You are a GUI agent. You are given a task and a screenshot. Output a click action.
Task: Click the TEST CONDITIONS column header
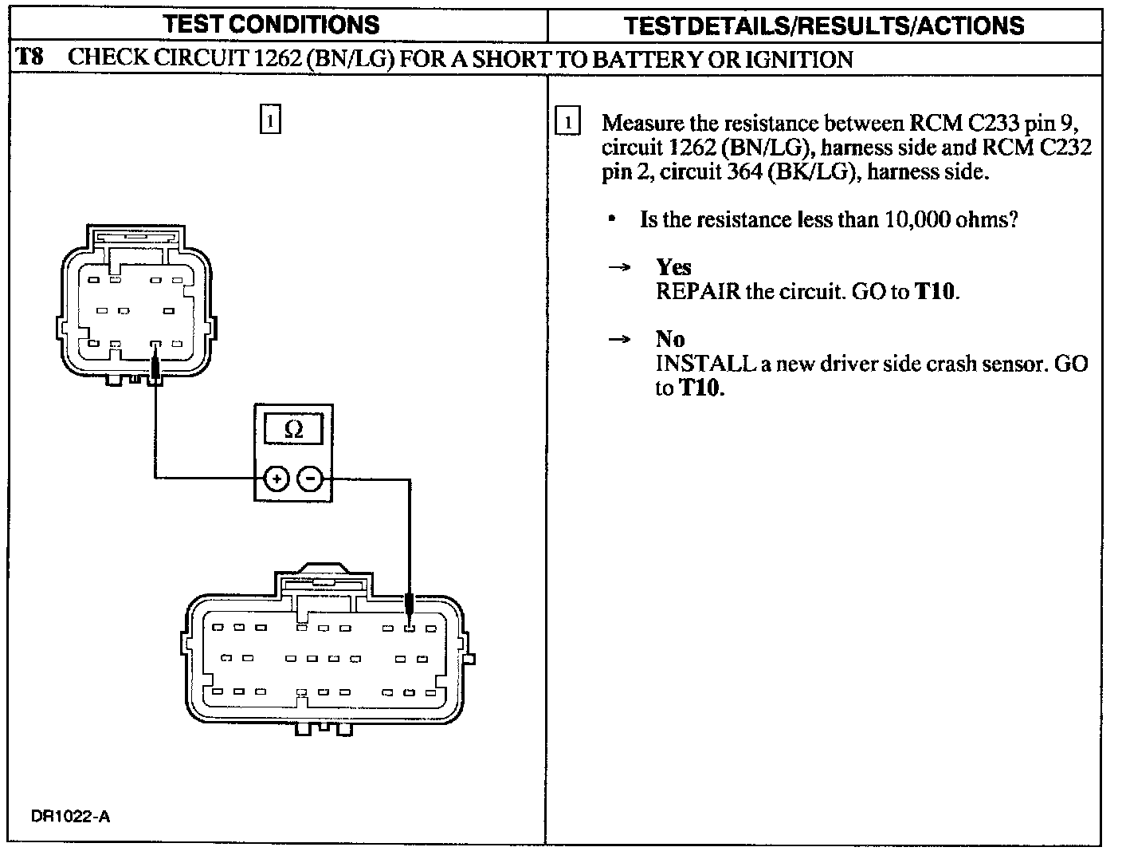pos(271,25)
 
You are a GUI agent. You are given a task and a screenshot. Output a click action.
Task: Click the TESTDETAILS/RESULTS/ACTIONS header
pos(823,26)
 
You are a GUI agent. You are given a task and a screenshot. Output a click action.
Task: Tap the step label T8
pos(29,58)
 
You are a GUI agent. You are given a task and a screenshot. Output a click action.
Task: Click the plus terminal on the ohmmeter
pos(276,479)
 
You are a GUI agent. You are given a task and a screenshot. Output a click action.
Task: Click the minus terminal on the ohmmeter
pos(311,479)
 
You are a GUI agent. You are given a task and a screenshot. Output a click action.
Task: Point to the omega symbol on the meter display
pos(293,430)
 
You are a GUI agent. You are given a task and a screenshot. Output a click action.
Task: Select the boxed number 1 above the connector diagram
pos(271,120)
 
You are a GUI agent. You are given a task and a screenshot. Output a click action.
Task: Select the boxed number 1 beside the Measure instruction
pos(567,123)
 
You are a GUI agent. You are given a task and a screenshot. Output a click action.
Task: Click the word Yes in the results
pos(673,267)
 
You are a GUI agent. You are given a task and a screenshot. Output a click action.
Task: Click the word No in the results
pos(670,340)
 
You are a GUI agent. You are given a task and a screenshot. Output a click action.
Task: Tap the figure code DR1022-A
pos(70,817)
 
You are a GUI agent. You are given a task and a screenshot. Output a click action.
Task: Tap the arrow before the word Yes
pos(619,268)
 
